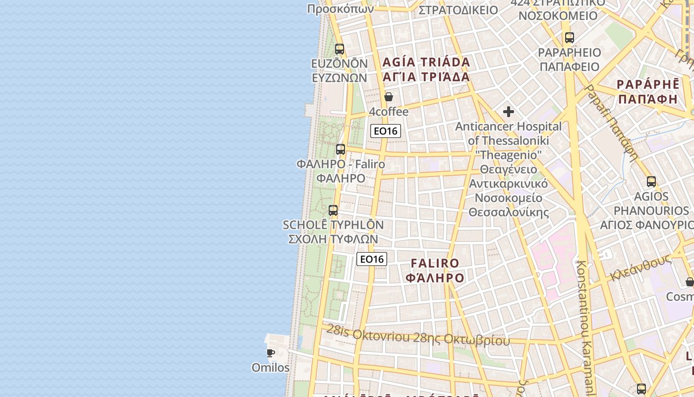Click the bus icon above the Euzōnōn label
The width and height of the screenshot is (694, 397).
click(340, 49)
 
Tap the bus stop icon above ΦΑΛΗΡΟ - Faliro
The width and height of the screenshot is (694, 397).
click(341, 149)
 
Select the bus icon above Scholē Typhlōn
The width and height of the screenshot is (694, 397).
click(333, 210)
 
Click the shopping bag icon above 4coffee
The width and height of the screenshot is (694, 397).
click(389, 97)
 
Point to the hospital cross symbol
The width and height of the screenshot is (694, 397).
click(509, 112)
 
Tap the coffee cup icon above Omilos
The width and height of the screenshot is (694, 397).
click(271, 353)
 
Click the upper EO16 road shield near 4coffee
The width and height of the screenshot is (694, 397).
click(386, 131)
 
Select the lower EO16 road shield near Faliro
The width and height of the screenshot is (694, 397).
click(372, 259)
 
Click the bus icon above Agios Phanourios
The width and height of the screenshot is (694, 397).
click(651, 182)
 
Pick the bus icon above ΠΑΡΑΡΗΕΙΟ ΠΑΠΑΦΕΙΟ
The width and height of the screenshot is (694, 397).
click(570, 37)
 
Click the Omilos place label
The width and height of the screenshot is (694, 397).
click(271, 368)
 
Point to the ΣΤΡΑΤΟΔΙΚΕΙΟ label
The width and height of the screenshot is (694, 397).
click(458, 10)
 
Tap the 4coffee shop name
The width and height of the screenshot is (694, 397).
click(389, 112)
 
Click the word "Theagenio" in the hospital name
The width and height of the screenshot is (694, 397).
click(509, 155)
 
